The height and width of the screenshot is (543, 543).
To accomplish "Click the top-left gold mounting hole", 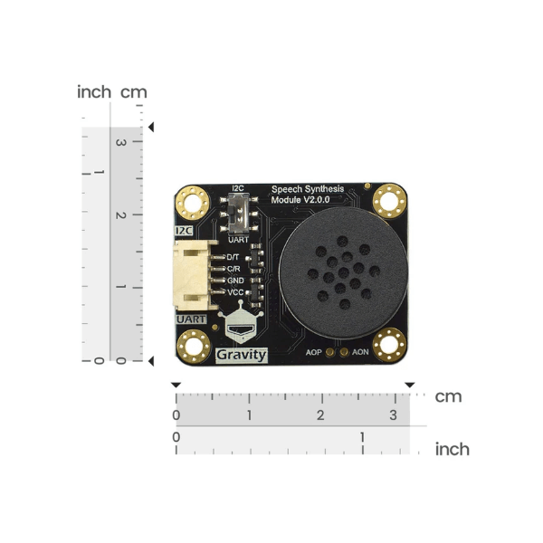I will click(192, 199).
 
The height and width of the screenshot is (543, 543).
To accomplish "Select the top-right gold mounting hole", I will click(390, 197).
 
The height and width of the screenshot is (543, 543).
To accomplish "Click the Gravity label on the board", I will click(243, 354).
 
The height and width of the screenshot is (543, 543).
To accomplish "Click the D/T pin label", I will click(233, 257).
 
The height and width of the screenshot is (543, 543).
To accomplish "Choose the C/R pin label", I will click(233, 269).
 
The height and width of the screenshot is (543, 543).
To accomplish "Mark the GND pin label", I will click(234, 281).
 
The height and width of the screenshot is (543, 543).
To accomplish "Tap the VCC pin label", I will click(234, 292).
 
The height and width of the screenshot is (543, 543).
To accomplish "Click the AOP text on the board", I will click(314, 351).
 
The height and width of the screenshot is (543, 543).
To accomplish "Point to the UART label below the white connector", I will click(189, 319).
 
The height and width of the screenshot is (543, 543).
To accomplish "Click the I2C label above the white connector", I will click(185, 232).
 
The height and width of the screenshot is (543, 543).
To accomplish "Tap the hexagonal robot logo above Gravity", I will click(242, 329).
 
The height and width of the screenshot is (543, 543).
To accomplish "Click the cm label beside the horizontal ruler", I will click(448, 396).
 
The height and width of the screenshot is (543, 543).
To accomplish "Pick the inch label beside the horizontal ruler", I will click(452, 449).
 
